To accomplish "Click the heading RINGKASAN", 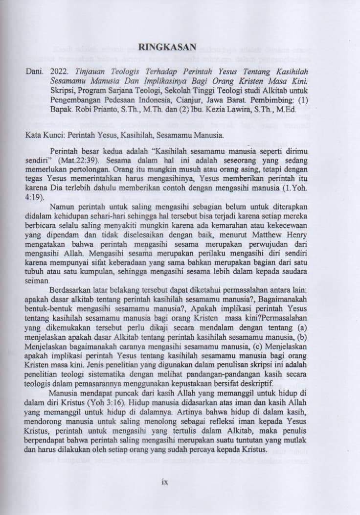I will pyautogui.click(x=168, y=47).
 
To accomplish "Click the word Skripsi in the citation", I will pyautogui.click(x=60, y=91).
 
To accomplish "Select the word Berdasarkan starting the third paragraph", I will pyautogui.click(x=72, y=290).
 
